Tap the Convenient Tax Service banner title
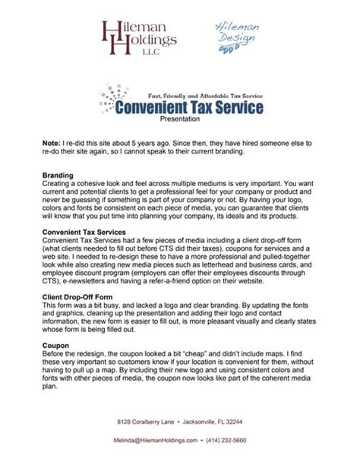tap(189, 108)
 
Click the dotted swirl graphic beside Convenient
tap(107, 100)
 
